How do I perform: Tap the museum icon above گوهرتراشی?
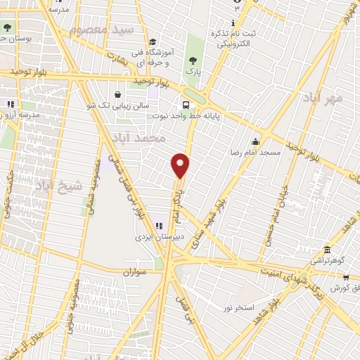(328, 250)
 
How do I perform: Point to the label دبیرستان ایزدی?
(160, 237)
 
